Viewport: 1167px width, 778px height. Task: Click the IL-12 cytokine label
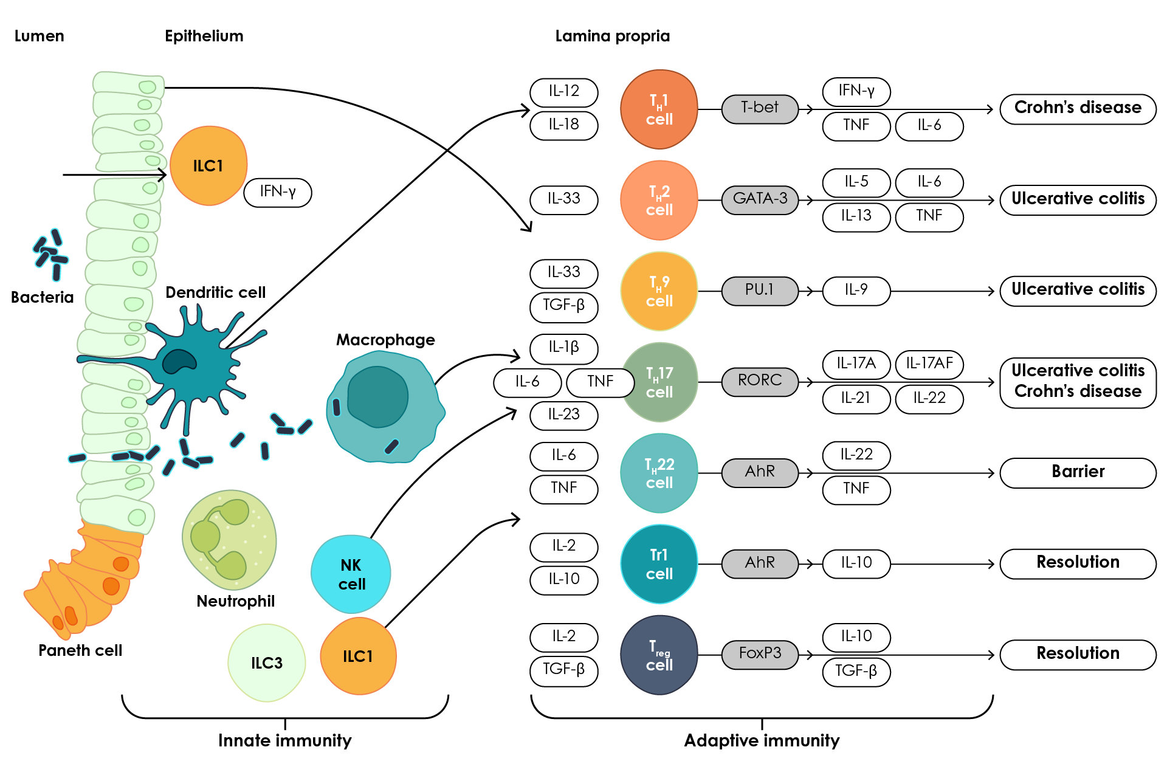[x=563, y=92]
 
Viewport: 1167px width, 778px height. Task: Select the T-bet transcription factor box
[x=760, y=109]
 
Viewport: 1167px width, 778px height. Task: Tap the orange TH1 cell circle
[x=659, y=109]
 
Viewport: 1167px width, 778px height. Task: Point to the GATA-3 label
[x=760, y=200]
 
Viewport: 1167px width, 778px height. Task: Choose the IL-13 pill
[x=856, y=217]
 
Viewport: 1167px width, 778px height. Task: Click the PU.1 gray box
[x=760, y=291]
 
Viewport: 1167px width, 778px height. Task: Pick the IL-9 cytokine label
[x=856, y=291]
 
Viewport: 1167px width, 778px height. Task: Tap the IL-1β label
[x=563, y=348]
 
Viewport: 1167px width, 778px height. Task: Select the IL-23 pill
[x=563, y=416]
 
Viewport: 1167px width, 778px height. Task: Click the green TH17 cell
[x=660, y=382]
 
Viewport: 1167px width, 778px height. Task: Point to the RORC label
[x=760, y=382]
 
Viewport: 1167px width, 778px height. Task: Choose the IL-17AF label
[x=929, y=365]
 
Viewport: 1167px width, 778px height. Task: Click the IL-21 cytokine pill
[x=856, y=399]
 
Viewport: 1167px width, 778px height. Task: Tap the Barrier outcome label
[x=1078, y=473]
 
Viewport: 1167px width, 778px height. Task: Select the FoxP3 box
[x=760, y=655]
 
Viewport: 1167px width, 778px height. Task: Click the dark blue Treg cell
[x=659, y=655]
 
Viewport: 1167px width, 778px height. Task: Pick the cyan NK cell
[x=351, y=574]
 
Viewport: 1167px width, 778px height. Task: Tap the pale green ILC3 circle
[x=267, y=663]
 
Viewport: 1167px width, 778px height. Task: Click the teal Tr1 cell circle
[x=659, y=564]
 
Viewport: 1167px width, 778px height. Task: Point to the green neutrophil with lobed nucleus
[x=229, y=540]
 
